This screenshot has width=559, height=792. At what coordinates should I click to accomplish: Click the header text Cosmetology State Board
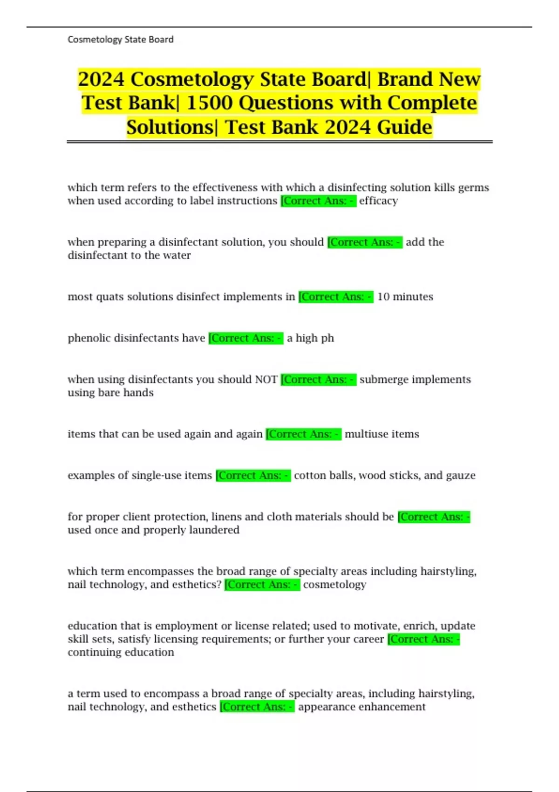(x=120, y=40)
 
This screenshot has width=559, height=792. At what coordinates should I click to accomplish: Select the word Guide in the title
(x=404, y=127)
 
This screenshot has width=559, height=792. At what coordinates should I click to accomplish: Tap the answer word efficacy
(x=378, y=201)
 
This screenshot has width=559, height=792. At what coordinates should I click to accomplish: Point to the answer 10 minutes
(x=405, y=297)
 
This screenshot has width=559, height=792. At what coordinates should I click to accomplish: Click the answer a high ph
(x=310, y=338)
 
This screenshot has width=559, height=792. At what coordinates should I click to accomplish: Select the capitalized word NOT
(x=266, y=380)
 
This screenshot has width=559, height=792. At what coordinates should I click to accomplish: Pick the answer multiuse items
(x=382, y=434)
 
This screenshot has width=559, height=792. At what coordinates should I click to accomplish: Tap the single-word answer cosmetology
(x=334, y=585)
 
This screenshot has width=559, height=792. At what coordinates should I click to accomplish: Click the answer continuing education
(x=121, y=652)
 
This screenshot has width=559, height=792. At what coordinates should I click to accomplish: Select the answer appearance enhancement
(x=361, y=707)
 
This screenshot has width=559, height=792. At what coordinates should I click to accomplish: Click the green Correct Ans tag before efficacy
(x=319, y=201)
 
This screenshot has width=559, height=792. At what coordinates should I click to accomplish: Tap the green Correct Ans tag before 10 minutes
(x=336, y=297)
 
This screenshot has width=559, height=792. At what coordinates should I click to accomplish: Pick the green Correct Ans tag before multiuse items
(x=303, y=434)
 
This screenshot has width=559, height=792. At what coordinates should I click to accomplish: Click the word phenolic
(x=89, y=338)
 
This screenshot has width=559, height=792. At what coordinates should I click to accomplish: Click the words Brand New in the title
(x=429, y=79)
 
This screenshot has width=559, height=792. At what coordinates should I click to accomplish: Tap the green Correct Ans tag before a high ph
(x=245, y=338)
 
